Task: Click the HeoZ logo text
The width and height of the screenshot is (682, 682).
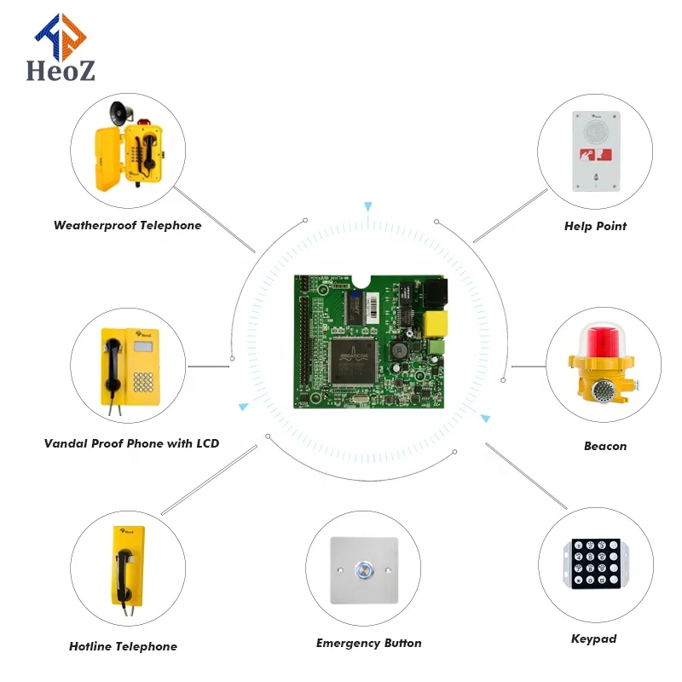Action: (x=61, y=68)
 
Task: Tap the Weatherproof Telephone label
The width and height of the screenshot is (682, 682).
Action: (x=128, y=226)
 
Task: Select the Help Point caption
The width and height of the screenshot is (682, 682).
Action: (x=595, y=227)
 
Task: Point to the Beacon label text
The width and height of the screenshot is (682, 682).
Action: (x=605, y=446)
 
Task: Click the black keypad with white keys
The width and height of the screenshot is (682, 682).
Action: (x=594, y=564)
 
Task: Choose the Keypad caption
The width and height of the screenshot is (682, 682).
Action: (x=593, y=639)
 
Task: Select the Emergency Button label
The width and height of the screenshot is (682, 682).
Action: (x=368, y=644)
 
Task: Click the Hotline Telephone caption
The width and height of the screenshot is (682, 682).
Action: (x=123, y=646)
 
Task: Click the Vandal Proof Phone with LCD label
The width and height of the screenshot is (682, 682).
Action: (x=131, y=443)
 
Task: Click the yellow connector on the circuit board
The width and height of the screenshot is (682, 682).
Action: (x=436, y=322)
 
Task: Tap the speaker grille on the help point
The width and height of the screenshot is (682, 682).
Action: (x=595, y=130)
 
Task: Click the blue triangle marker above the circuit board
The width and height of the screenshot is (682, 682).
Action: (x=368, y=206)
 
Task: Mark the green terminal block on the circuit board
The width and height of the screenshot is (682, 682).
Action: (x=436, y=349)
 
